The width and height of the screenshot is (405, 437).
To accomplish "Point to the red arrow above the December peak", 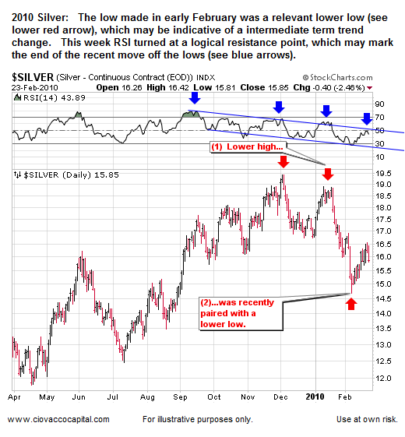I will pyautogui.click(x=283, y=161).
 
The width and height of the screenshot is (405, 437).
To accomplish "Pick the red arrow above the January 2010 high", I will pyautogui.click(x=328, y=173).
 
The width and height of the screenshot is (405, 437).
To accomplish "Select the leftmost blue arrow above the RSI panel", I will pyautogui.click(x=193, y=98).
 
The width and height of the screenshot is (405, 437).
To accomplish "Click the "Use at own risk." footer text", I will pyautogui.click(x=364, y=421).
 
